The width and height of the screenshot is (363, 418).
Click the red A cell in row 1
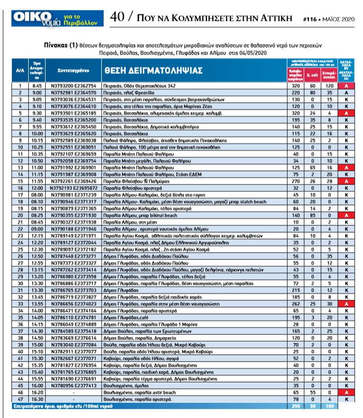(345, 86)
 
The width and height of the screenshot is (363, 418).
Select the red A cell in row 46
(345, 392)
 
